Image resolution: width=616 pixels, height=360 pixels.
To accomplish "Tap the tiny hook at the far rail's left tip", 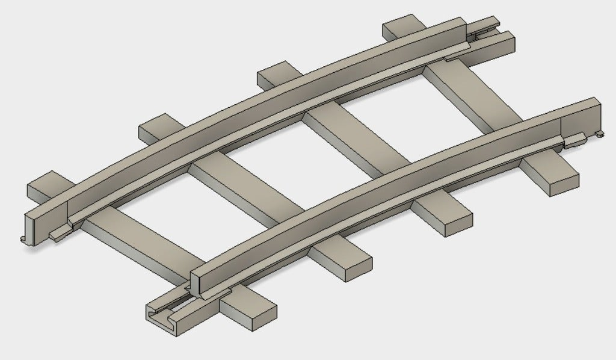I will coord(23,239).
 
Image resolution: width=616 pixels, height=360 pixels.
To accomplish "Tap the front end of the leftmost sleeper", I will coord(247,311).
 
